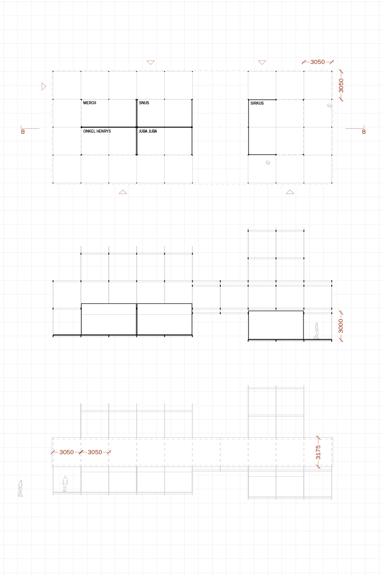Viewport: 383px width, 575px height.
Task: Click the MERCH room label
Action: click(x=90, y=103)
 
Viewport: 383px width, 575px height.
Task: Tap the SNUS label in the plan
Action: click(x=144, y=103)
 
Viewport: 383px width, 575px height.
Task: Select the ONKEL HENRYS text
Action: click(x=97, y=131)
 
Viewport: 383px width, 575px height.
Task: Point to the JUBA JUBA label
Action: click(x=148, y=131)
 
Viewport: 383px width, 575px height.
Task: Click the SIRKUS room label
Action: click(x=257, y=103)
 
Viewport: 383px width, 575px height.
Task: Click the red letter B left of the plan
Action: click(x=23, y=132)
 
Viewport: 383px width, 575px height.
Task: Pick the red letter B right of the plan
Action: click(x=364, y=132)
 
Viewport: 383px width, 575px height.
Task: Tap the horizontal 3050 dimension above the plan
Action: click(x=318, y=62)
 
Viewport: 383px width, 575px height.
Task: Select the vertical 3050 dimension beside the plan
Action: click(x=341, y=85)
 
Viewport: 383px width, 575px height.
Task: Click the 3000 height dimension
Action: click(x=340, y=326)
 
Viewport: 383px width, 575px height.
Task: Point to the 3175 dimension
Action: click(x=318, y=452)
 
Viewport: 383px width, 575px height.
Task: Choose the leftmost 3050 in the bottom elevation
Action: click(x=66, y=452)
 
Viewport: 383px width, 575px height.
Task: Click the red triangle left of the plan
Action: click(x=44, y=87)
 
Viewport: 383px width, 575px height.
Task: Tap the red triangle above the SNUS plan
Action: click(x=151, y=62)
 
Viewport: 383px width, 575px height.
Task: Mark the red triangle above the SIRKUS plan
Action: click(x=262, y=62)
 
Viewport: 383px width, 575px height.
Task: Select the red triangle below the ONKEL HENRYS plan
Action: click(x=123, y=192)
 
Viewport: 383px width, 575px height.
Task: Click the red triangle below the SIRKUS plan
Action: click(x=290, y=192)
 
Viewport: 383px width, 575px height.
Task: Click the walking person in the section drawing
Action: click(x=316, y=331)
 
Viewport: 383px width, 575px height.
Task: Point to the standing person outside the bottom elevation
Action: click(x=21, y=488)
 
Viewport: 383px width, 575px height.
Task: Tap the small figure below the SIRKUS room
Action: click(x=268, y=163)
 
